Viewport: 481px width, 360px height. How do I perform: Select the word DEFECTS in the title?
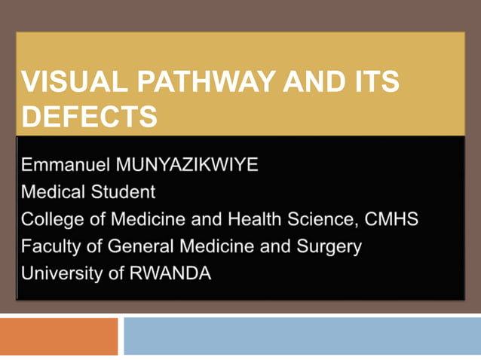(x=90, y=117)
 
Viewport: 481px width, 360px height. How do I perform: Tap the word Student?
(x=122, y=192)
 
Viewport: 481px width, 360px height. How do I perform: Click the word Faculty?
(x=49, y=246)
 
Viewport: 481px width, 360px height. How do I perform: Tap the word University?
(x=61, y=273)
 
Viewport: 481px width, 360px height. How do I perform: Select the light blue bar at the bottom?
(x=302, y=336)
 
